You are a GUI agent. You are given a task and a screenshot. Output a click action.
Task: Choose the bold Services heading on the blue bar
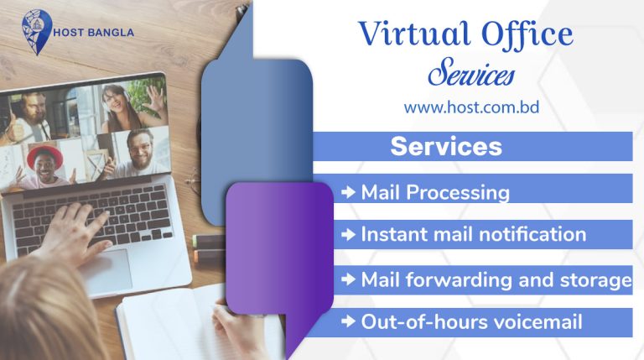[446, 147]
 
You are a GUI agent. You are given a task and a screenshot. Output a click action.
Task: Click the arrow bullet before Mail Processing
[349, 192]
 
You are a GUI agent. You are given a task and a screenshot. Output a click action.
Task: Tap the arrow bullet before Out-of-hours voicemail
[349, 321]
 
